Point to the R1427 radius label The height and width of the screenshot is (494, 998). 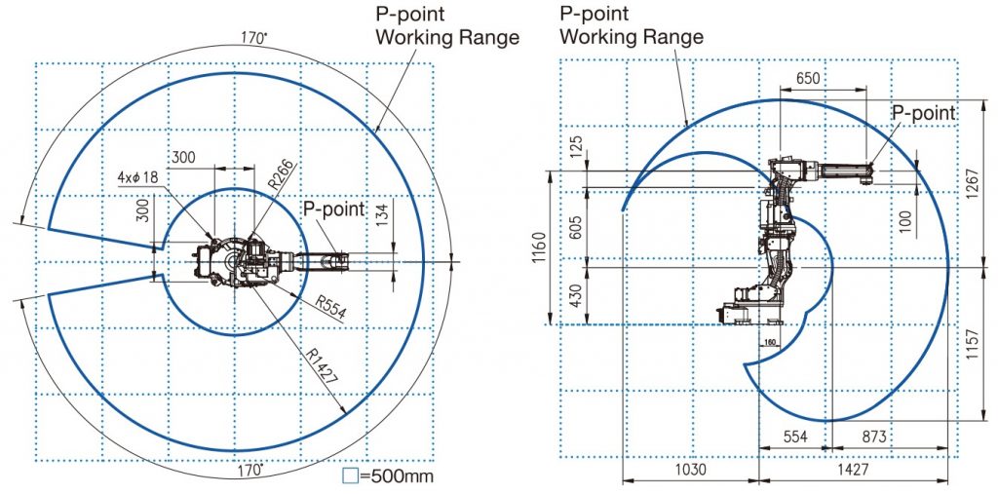[x=322, y=365]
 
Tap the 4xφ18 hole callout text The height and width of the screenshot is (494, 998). [x=138, y=176]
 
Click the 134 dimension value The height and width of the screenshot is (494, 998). [x=382, y=214]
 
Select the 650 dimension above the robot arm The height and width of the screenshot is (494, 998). [x=808, y=78]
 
